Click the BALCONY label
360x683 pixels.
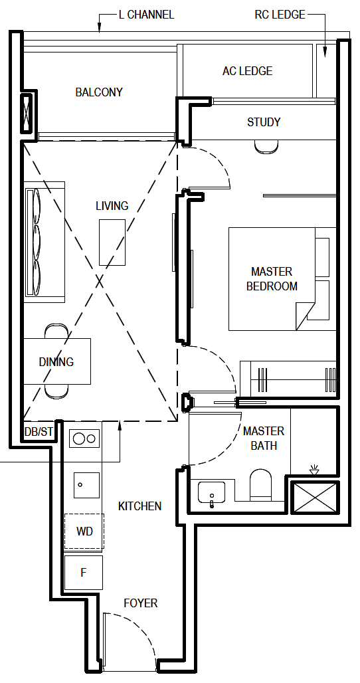coord(99,92)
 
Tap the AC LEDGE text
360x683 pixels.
coord(247,71)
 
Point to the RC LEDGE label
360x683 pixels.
coord(280,15)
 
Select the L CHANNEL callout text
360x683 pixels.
coord(146,15)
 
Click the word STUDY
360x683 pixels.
coord(264,122)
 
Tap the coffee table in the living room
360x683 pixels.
coord(112,243)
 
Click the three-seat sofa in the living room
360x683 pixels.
coord(45,242)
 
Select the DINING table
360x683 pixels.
coord(57,361)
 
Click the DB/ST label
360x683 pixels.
coord(39,432)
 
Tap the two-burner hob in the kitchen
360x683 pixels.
coord(84,439)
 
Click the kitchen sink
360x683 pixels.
coord(86,485)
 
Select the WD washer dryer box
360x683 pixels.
coord(84,532)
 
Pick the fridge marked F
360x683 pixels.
coord(84,573)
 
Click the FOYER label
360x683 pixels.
coord(141,603)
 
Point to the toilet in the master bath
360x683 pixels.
coord(261,485)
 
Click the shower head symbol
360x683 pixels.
coord(314,470)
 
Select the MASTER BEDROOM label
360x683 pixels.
coord(272,279)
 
